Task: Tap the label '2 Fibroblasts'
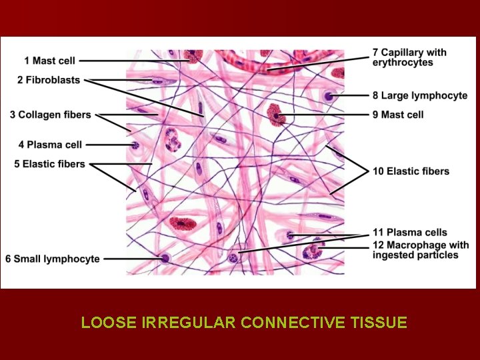(x=49, y=80)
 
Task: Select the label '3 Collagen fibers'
(x=50, y=115)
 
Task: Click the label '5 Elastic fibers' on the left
(x=49, y=163)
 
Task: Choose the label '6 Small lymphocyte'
(x=52, y=259)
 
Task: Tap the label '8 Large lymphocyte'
(x=419, y=95)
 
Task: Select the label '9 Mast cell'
(x=397, y=115)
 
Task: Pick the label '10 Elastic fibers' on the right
(x=411, y=171)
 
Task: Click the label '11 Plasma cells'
(x=409, y=232)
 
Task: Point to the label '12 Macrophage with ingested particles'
(x=420, y=250)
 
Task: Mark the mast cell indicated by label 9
(x=275, y=114)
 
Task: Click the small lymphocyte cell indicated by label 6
(x=164, y=259)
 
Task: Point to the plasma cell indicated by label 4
(x=135, y=145)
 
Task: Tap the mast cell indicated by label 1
(x=193, y=55)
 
